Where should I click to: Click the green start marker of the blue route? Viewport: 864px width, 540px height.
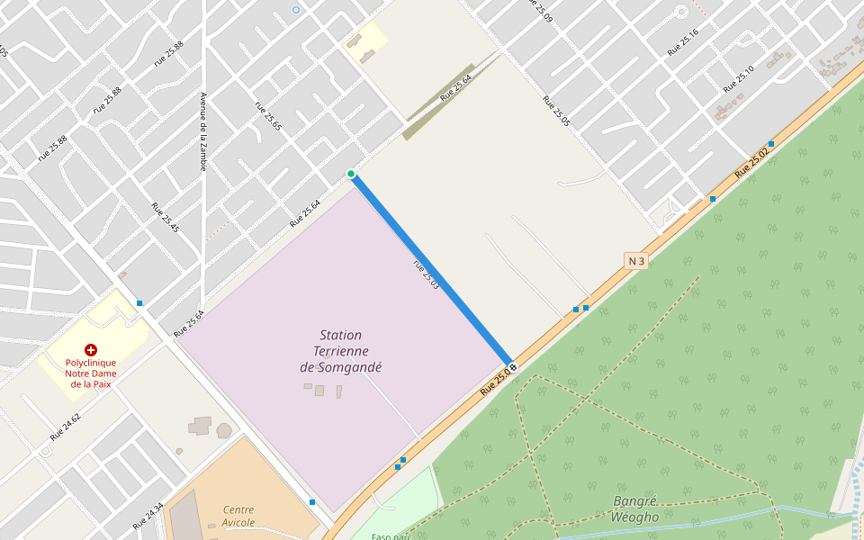pos(351,174)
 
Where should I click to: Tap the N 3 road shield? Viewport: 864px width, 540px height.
pos(636,261)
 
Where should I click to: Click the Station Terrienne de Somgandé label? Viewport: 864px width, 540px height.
pos(341,351)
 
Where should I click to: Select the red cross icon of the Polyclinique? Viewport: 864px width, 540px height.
pos(90,349)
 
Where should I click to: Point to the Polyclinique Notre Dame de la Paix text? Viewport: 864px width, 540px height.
pos(90,373)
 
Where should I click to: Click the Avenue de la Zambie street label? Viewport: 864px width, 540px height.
pos(203,131)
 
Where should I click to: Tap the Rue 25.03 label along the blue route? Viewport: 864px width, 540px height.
pos(426,274)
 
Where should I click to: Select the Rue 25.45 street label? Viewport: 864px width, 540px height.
pos(166,217)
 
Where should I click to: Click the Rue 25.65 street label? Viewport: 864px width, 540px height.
pos(268,115)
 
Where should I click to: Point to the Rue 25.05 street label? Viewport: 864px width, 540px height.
pos(556,110)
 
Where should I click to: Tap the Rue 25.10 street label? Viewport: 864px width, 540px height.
pos(738,80)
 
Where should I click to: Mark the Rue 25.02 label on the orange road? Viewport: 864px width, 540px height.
pos(752,160)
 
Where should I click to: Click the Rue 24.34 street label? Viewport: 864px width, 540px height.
pos(148,516)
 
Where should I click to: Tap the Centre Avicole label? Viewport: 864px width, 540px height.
pos(238,516)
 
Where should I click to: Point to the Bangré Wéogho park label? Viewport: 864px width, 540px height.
pos(635,508)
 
